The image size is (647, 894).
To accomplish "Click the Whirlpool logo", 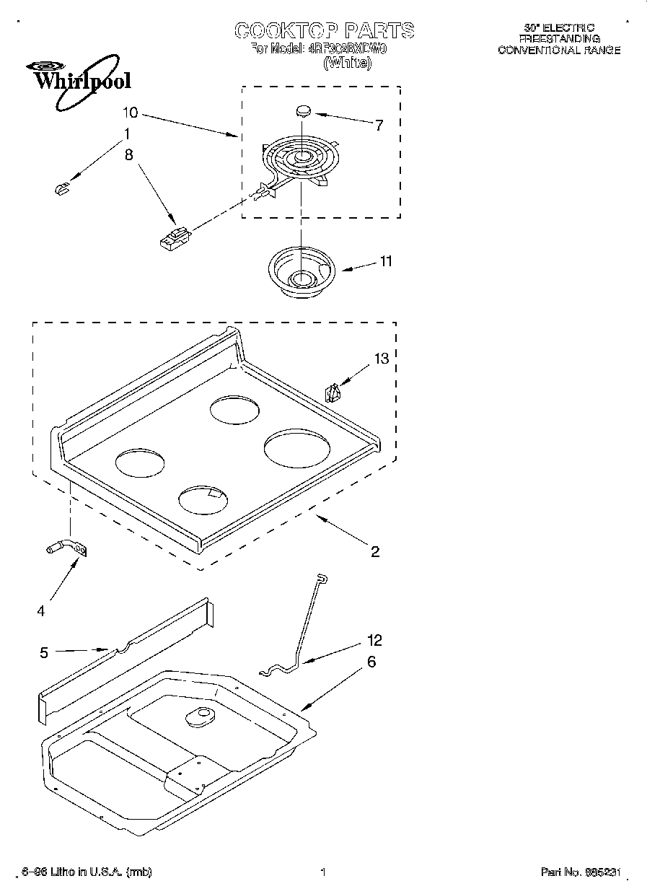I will [74, 78].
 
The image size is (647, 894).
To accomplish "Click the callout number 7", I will [379, 125].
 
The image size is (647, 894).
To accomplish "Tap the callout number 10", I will [130, 113].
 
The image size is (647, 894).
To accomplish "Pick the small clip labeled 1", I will [61, 188].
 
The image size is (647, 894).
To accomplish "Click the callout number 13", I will [381, 359].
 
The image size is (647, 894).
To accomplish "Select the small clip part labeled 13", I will [334, 393].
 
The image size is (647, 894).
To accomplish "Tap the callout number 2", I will [374, 552].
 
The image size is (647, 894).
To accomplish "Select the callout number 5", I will [44, 652].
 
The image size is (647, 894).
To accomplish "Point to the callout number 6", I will [371, 662].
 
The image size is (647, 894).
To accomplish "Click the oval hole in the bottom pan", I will [200, 716].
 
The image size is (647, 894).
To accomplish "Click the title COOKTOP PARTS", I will [324, 30].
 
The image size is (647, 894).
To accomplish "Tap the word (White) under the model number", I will [347, 63].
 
